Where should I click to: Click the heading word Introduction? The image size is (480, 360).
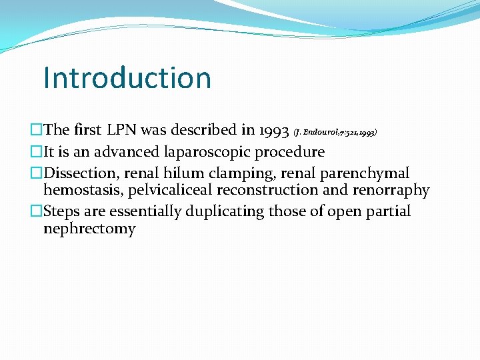pos(127,77)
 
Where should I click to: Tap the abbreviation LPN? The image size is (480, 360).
pos(134,130)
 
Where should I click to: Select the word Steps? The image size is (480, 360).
pos(63,211)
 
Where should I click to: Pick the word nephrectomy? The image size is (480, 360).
pos(89,229)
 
